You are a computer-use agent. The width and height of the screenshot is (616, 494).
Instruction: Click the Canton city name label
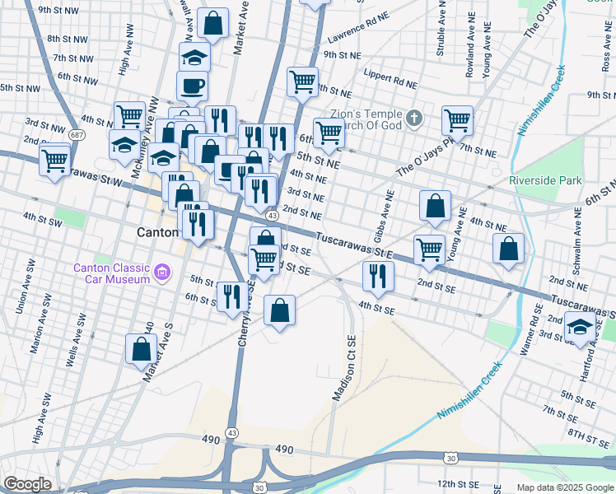pyautogui.click(x=156, y=233)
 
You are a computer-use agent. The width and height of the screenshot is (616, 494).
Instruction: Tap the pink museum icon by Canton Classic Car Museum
pyautogui.click(x=162, y=271)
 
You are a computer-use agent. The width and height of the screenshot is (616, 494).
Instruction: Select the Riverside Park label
pyautogui.click(x=545, y=180)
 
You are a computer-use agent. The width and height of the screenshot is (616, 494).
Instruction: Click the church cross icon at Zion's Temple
pyautogui.click(x=413, y=119)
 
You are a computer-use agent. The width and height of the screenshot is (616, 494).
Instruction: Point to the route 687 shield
pyautogui.click(x=77, y=134)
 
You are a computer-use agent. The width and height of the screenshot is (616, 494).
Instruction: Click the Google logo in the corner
pyautogui.click(x=26, y=484)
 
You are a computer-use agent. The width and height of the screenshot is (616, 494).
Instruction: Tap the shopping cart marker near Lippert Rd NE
pyautogui.click(x=302, y=81)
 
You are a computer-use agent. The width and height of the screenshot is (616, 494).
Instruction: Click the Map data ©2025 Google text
pyautogui.click(x=564, y=487)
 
